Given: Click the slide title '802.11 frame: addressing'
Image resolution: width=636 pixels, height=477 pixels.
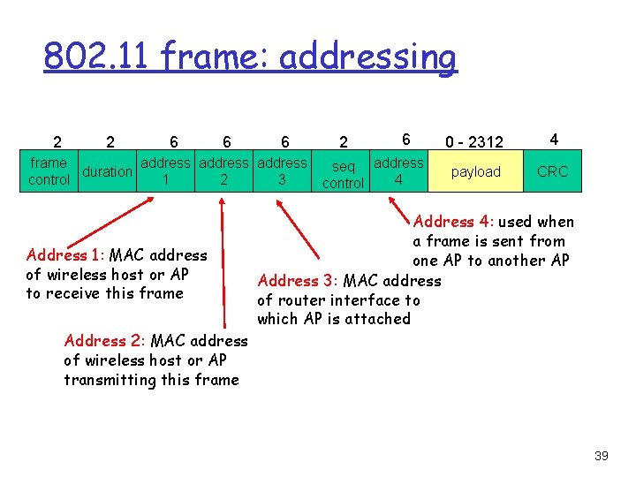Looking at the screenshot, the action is click(x=250, y=57).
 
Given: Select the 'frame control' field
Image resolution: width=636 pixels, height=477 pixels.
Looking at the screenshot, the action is click(x=49, y=170).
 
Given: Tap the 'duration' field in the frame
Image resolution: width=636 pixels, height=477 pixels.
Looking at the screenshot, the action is click(x=107, y=171).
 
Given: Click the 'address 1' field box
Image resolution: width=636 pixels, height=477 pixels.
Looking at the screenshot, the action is click(x=166, y=170).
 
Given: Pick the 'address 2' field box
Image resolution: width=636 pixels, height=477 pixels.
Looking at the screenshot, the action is click(x=224, y=170).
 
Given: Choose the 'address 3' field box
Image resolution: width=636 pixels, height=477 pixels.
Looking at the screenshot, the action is click(x=282, y=170).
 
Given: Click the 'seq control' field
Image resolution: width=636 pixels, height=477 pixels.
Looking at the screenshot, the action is click(x=343, y=174).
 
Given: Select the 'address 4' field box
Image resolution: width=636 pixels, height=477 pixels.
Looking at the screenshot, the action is click(x=398, y=170).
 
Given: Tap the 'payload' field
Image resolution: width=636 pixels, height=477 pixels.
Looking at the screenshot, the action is click(x=475, y=171).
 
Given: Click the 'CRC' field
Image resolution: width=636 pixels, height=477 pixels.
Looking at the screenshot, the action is click(x=552, y=171).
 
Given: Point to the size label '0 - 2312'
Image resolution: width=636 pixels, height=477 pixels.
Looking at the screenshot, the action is click(x=474, y=141).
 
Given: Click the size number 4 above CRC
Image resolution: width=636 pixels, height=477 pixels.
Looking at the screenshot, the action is click(x=553, y=140).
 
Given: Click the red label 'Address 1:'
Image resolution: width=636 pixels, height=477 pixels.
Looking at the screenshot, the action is click(x=64, y=255).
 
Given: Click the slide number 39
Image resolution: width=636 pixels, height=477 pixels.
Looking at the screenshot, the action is click(x=602, y=456).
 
